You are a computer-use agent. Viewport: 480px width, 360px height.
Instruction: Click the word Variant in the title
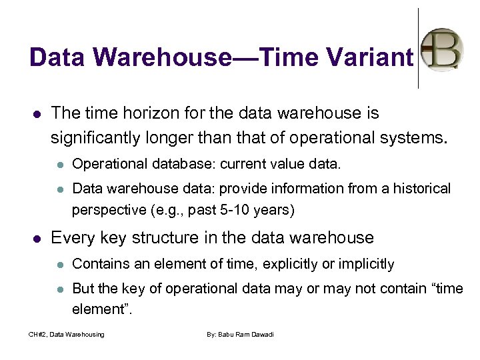371,57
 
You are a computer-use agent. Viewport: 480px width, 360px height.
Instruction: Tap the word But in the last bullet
83,289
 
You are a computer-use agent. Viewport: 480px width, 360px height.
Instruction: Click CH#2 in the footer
37,334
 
